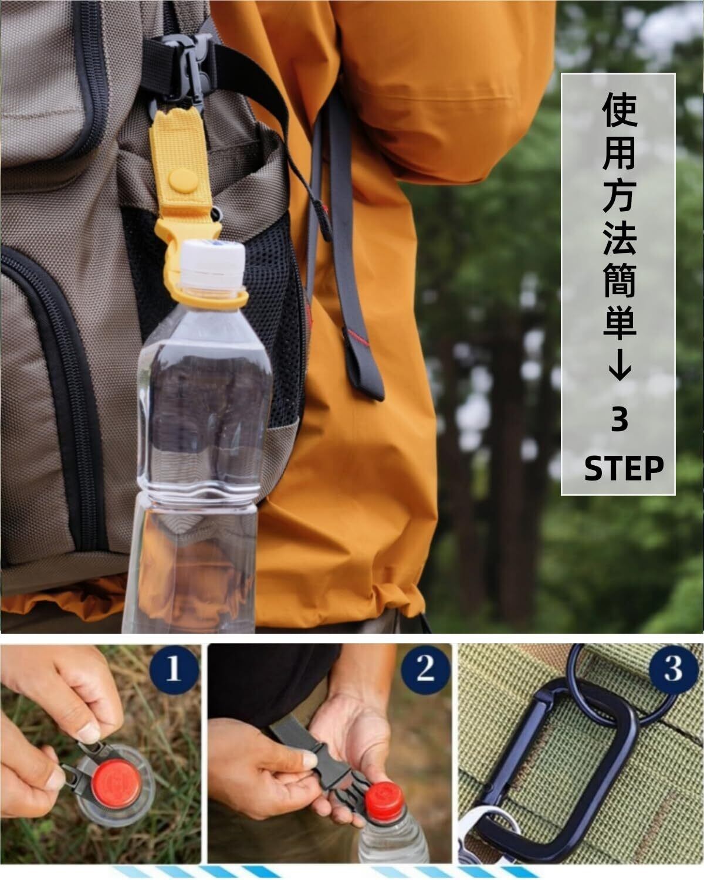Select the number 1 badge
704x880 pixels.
point(174,670)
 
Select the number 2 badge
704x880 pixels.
point(425,669)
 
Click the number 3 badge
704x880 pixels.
point(673,669)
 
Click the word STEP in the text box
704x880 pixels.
point(624,469)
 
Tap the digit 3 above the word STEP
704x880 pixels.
point(620,421)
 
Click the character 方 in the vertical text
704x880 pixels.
point(620,195)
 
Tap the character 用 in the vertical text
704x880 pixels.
point(620,152)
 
